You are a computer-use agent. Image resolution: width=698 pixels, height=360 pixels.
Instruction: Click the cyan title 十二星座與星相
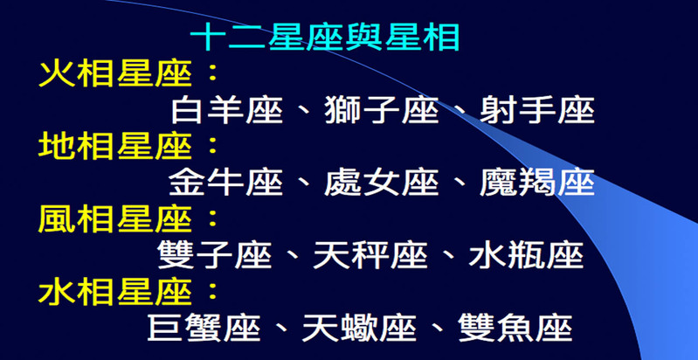click(x=325, y=38)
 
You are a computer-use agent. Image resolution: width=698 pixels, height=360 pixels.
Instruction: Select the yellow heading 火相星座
click(x=115, y=73)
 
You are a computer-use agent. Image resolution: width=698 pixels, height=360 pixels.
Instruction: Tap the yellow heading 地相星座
click(x=115, y=147)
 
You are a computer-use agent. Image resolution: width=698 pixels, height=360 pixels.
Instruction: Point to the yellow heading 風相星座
click(x=115, y=219)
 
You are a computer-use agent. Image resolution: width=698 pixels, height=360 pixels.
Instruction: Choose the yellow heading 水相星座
click(x=115, y=293)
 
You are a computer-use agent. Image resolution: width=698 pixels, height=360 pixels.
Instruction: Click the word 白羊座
click(x=227, y=110)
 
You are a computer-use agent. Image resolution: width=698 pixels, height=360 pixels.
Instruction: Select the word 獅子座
click(x=382, y=110)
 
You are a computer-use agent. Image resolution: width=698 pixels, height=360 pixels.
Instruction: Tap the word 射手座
click(x=537, y=110)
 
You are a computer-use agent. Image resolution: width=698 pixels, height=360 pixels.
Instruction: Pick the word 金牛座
click(x=226, y=183)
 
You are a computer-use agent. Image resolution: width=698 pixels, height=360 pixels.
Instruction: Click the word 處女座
click(x=382, y=183)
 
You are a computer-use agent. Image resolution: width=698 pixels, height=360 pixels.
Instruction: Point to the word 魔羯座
click(x=537, y=183)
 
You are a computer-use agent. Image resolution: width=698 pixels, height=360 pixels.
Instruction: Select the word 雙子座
click(x=215, y=255)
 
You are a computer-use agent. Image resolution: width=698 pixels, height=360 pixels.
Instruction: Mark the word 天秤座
click(x=370, y=255)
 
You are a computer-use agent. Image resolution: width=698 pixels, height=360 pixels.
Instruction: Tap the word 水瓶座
click(x=526, y=255)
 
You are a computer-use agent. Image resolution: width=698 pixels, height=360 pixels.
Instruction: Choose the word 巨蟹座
click(x=204, y=329)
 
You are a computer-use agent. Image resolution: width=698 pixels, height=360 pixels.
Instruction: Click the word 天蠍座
click(x=359, y=329)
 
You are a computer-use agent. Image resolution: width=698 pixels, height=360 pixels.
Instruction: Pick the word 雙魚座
click(x=515, y=329)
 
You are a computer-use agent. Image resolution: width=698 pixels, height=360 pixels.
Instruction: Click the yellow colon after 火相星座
click(x=213, y=74)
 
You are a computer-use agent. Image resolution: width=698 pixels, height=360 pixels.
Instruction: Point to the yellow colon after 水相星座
click(x=213, y=293)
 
